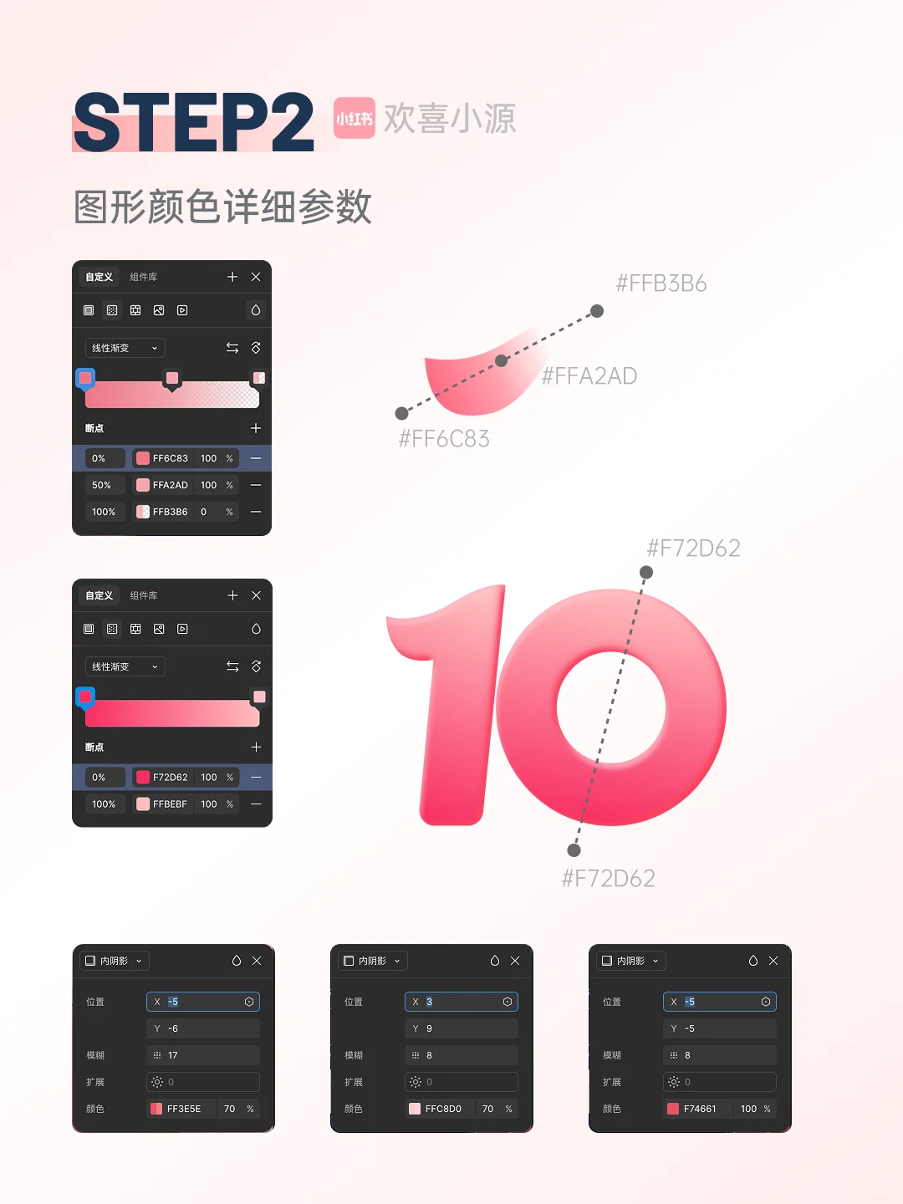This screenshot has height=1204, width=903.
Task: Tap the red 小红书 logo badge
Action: click(354, 118)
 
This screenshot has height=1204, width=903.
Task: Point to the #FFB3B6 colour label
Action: click(661, 284)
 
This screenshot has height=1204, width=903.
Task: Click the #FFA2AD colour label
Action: click(589, 376)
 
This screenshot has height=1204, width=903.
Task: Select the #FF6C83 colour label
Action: click(444, 439)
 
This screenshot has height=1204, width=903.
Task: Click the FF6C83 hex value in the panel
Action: click(170, 458)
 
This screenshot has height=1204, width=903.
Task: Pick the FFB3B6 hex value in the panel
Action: click(170, 512)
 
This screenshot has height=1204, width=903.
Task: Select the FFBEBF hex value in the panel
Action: click(170, 804)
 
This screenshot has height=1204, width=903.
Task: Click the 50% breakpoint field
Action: click(102, 485)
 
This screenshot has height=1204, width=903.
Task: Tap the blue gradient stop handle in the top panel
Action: click(85, 379)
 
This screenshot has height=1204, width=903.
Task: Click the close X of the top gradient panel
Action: click(256, 277)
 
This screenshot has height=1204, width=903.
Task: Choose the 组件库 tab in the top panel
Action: click(143, 277)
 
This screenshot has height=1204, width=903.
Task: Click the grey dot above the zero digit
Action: click(646, 573)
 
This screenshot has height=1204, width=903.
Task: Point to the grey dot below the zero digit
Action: click(574, 850)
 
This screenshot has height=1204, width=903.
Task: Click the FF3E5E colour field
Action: click(183, 1109)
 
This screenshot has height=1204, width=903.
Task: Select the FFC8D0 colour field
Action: click(442, 1109)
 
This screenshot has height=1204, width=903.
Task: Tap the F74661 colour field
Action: click(700, 1109)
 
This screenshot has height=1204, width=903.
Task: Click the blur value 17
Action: click(173, 1055)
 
